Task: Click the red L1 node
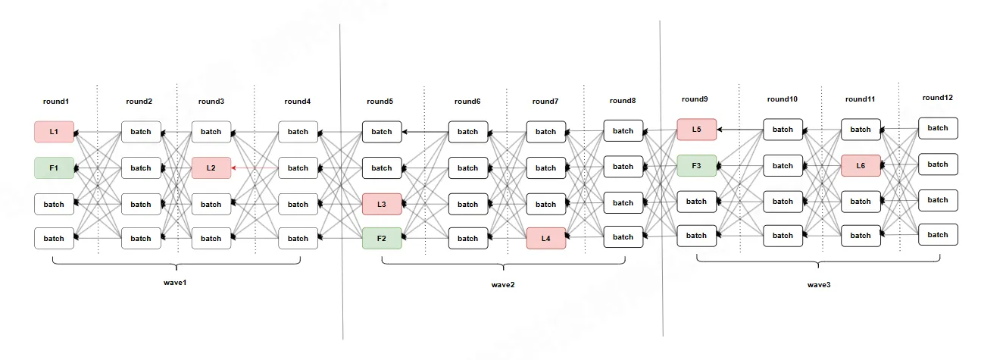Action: (54, 132)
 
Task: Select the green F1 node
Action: (54, 168)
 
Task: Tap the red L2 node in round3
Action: (211, 168)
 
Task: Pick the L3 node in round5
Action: (382, 205)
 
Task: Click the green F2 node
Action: (382, 239)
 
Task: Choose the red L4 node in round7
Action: (545, 239)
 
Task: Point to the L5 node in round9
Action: (696, 130)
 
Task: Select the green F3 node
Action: (696, 166)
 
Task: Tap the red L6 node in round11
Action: (861, 165)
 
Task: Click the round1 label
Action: (55, 102)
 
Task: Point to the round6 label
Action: (467, 102)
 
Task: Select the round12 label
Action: (938, 98)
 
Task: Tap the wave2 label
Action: (503, 286)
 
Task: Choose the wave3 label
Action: (819, 285)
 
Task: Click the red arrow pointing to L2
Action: (254, 168)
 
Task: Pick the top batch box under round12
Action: (938, 128)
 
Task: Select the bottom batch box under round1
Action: (54, 239)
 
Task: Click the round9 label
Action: (695, 99)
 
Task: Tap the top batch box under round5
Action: (382, 132)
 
